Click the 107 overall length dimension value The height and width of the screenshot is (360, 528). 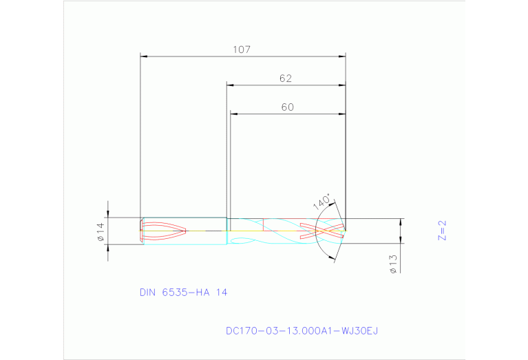point(242,50)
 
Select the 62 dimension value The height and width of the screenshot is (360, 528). point(286,78)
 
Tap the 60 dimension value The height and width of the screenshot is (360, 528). point(287,107)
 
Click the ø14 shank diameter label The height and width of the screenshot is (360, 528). point(100,231)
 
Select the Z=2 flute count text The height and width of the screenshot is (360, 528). point(443,230)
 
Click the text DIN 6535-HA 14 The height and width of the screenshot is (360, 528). point(183,292)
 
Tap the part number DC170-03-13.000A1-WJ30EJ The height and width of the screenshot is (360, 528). point(302,330)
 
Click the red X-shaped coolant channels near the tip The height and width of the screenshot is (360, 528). point(320,231)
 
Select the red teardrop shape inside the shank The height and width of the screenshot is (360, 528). point(164,231)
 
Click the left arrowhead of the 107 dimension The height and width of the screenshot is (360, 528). point(144,57)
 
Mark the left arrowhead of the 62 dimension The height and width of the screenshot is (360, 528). point(231,86)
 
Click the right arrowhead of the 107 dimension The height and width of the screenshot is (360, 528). point(341,57)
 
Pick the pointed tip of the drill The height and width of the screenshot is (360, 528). point(346,231)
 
